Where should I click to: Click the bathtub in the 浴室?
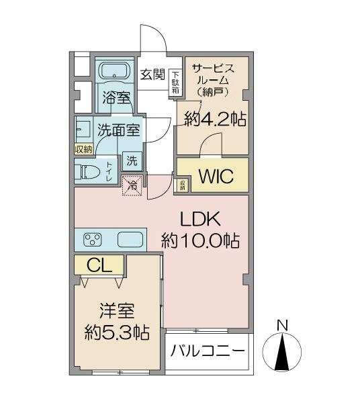(x=114, y=71)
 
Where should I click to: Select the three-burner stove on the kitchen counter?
(x=92, y=240)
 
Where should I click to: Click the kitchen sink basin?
(x=130, y=240)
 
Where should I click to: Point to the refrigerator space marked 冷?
(x=132, y=185)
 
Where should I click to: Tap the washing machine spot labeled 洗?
(x=132, y=161)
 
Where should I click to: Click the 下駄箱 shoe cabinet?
(x=175, y=83)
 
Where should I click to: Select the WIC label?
(x=216, y=176)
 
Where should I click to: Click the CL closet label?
(x=99, y=266)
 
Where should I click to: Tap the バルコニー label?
(x=208, y=351)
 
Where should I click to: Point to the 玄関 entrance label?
(x=152, y=75)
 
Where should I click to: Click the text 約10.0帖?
(x=200, y=241)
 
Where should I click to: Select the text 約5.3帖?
(x=117, y=332)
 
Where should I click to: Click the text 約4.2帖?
(x=216, y=119)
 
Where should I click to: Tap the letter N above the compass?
(x=282, y=325)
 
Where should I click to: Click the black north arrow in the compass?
(x=283, y=352)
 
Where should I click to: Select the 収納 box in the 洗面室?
(x=84, y=149)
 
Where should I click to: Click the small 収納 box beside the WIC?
(x=183, y=185)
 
